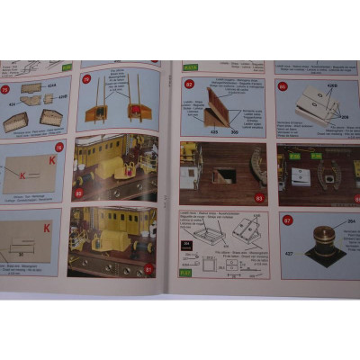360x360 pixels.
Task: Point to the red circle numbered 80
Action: [78, 193]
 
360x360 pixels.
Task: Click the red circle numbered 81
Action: [149, 268]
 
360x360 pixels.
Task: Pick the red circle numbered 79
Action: [86, 78]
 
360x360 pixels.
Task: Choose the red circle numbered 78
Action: [59, 147]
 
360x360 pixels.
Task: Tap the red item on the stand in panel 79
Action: [137, 111]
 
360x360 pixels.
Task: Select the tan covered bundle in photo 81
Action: [105, 240]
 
